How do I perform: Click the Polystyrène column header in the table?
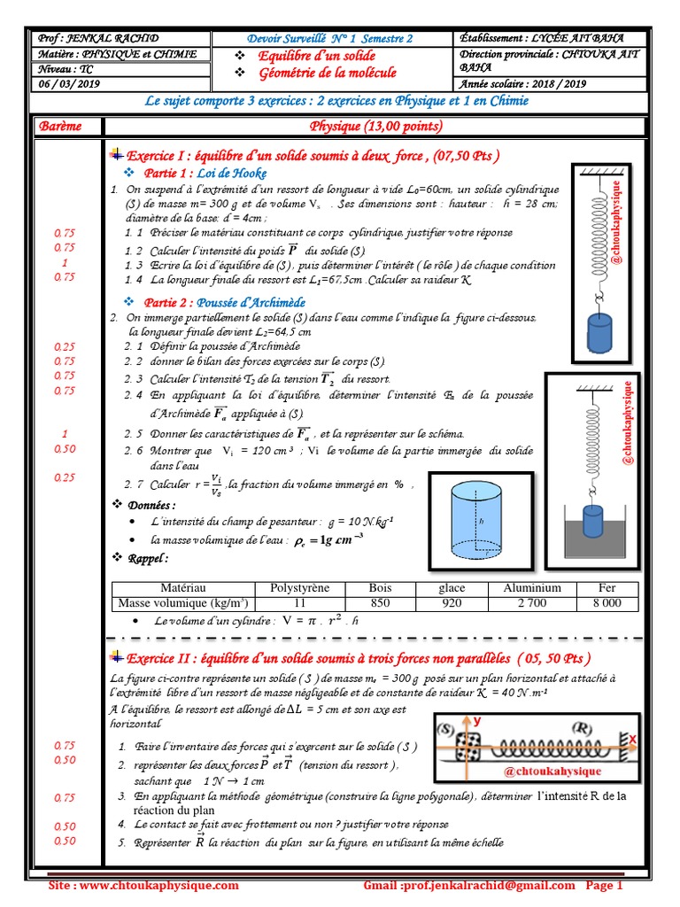[293, 588]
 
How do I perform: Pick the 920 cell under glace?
[452, 603]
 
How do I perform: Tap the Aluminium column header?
[532, 588]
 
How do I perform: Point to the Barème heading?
[60, 126]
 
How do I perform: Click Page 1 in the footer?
[605, 886]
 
